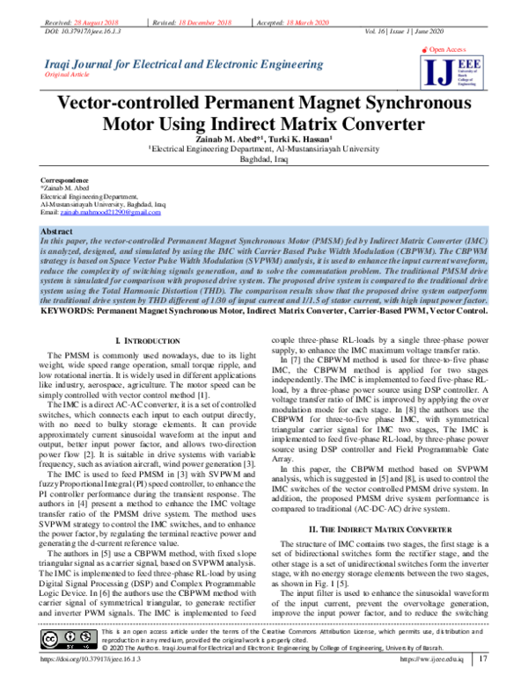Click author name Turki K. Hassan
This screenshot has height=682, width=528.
coord(302,139)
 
